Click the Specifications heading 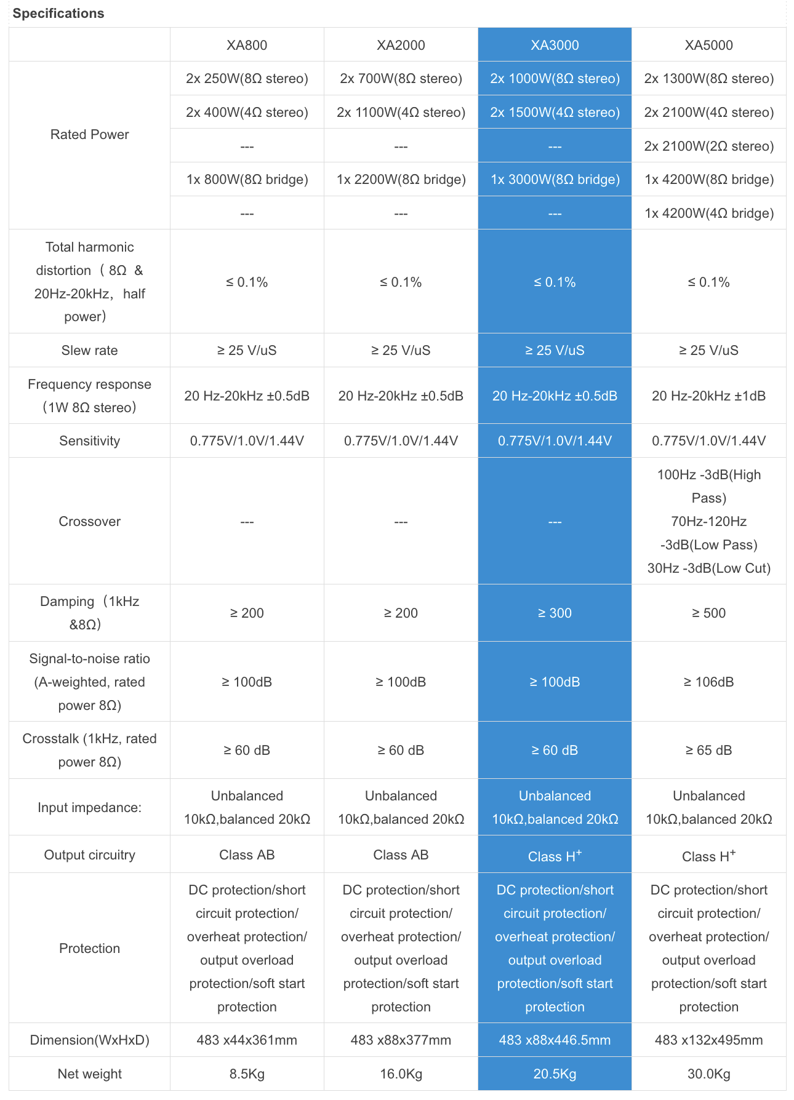[x=58, y=14]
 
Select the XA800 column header [x=247, y=45]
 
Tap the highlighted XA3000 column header [x=555, y=45]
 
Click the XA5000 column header [x=708, y=45]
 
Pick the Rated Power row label [x=90, y=135]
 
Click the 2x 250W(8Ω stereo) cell [x=247, y=79]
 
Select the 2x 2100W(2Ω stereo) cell [x=708, y=146]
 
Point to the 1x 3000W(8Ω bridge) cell [x=555, y=180]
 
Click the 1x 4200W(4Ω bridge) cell [x=708, y=213]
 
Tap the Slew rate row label [x=90, y=351]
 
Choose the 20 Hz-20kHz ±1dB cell [x=708, y=396]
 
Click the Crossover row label [x=90, y=522]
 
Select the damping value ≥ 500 [x=708, y=613]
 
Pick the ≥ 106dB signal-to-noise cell [x=708, y=682]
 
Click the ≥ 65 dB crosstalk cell [x=708, y=751]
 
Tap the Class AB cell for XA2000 [x=401, y=855]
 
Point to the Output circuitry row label [x=90, y=855]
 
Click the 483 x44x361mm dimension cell [x=247, y=1040]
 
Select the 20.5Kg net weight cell [x=555, y=1074]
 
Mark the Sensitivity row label [x=90, y=441]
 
